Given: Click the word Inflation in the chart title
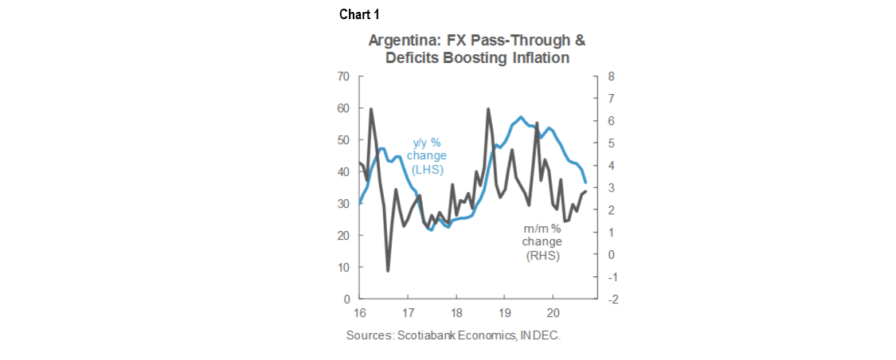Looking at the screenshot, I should point(540,58).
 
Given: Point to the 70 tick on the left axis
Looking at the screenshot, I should point(344,76).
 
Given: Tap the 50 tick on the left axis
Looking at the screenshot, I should point(344,140).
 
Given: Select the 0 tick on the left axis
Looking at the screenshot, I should point(347,299).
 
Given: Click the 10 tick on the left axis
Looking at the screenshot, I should point(344,268).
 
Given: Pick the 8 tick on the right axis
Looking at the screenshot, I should point(612,76).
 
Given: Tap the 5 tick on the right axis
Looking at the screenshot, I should point(612,143).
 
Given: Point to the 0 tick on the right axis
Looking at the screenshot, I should point(612,255).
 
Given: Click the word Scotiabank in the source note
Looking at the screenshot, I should point(430,336).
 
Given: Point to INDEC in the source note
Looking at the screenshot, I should point(541,336).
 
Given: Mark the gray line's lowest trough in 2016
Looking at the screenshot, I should point(388,271).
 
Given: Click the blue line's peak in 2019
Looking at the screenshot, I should point(521,117).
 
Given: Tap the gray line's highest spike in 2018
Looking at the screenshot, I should point(487,109).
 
